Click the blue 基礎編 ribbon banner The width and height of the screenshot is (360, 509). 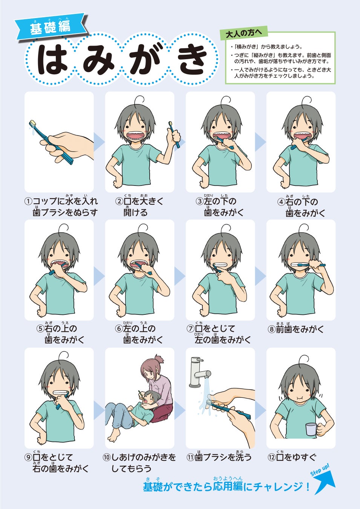tap(51, 27)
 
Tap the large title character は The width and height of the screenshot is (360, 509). tap(52, 59)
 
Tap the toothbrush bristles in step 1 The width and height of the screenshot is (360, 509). tap(33, 123)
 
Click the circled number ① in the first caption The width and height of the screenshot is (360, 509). tap(28, 201)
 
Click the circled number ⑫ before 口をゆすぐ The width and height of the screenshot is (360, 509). tap(272, 457)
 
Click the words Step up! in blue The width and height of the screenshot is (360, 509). tap(320, 469)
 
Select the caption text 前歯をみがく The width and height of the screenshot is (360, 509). tap(300, 329)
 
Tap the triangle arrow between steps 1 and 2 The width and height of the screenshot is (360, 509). tap(99, 142)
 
